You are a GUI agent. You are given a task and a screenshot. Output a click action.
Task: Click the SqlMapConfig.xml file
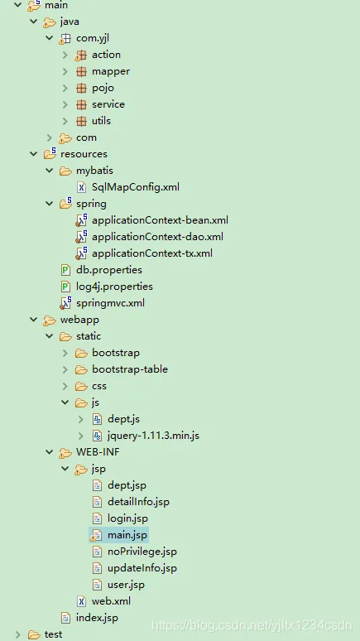(x=135, y=187)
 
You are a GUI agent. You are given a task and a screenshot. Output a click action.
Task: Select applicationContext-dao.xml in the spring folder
(x=157, y=237)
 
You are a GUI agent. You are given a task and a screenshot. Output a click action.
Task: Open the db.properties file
(x=108, y=270)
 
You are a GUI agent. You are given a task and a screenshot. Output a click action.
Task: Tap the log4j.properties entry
(x=114, y=287)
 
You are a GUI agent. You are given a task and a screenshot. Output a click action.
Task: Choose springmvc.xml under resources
(x=110, y=303)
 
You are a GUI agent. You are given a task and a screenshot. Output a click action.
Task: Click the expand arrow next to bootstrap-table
(x=65, y=369)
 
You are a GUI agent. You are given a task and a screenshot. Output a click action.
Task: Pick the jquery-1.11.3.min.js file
(x=153, y=436)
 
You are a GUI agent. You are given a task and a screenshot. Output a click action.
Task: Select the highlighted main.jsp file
(x=127, y=535)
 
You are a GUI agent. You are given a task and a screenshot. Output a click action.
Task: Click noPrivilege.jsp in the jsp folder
(x=142, y=552)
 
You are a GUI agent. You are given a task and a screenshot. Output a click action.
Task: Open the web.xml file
(x=111, y=601)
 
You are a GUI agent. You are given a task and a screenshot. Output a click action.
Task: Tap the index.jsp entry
(x=97, y=618)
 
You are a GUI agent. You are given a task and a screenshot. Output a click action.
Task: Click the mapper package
(x=110, y=71)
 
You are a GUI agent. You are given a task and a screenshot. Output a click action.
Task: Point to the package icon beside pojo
(x=81, y=88)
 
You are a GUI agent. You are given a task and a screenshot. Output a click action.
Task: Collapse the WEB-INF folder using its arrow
(x=50, y=452)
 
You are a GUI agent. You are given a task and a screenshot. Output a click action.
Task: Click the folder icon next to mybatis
(x=65, y=171)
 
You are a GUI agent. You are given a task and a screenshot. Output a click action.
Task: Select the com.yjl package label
(x=93, y=38)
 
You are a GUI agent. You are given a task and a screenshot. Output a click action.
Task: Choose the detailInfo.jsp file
(x=138, y=502)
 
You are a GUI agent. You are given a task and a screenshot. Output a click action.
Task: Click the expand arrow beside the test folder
(x=17, y=634)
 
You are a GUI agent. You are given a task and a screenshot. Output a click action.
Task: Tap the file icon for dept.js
(x=98, y=419)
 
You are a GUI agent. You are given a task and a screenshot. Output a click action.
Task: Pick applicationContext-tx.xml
(x=152, y=253)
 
